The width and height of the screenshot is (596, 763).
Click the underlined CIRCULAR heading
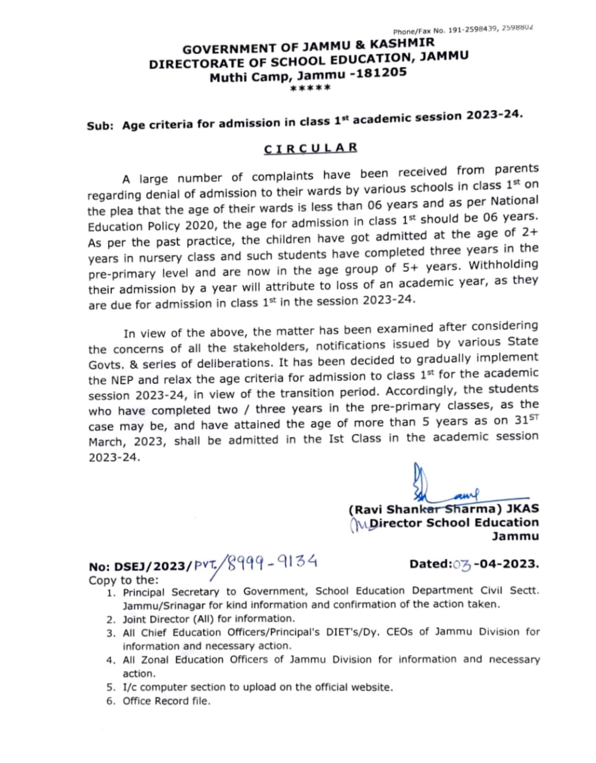pyautogui.click(x=311, y=148)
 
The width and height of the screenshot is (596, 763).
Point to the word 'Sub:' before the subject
pyautogui.click(x=100, y=126)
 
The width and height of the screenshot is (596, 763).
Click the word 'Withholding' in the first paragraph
pyautogui.click(x=503, y=265)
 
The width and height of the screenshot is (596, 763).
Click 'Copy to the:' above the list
pyautogui.click(x=124, y=580)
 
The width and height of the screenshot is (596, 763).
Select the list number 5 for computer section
pyautogui.click(x=111, y=687)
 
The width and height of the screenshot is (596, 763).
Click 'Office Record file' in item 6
pyautogui.click(x=166, y=701)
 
